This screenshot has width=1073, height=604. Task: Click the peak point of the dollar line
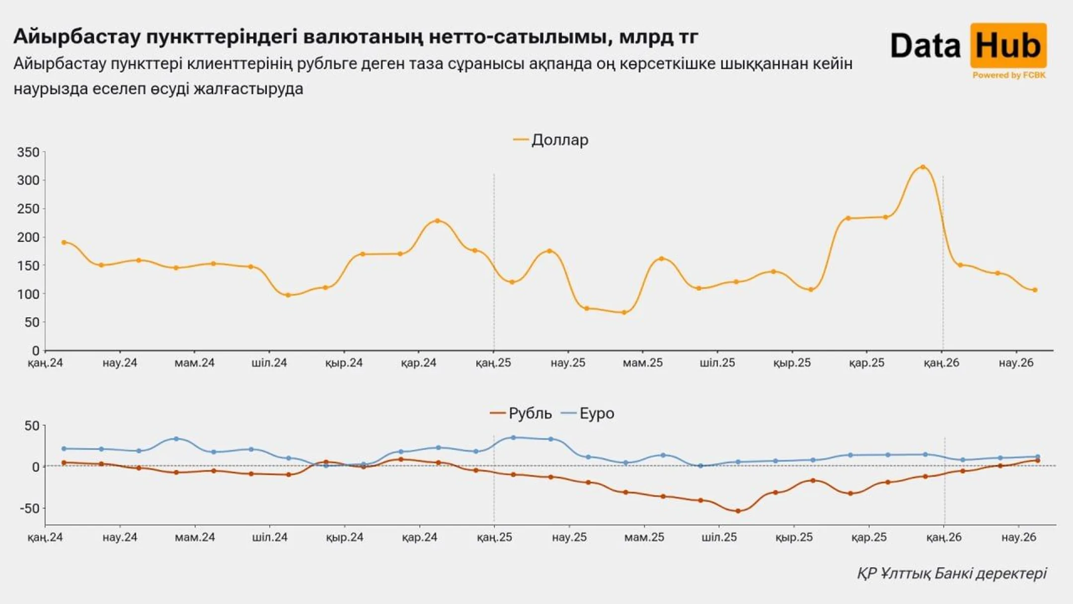pos(922,167)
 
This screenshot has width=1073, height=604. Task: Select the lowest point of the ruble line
pos(738,511)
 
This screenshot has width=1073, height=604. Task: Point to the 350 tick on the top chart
pos(28,152)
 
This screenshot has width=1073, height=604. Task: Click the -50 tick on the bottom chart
pos(29,509)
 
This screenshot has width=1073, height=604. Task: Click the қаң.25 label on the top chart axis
pos(493,363)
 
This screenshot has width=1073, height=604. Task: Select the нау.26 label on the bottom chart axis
pos(1018,537)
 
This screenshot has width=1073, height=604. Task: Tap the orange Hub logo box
pos(1008,46)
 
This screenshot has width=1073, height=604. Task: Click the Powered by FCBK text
pos(1008,75)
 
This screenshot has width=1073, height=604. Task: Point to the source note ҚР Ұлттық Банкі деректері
pos(951,573)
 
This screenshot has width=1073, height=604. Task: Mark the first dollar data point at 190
pos(64,243)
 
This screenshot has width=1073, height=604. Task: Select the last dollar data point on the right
pos(1035,290)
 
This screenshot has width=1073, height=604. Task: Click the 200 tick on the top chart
pos(28,237)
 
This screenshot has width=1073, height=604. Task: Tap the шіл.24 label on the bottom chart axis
pos(270,537)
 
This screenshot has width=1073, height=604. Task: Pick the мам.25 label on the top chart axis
pos(642,363)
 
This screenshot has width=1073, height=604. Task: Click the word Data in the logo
pos(925,46)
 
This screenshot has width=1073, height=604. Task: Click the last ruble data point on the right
pos(1037,461)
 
